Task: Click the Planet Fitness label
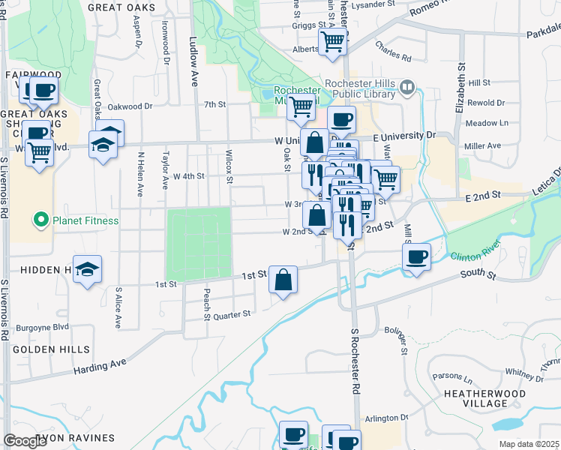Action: tap(85, 220)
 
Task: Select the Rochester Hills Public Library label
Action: tap(360, 88)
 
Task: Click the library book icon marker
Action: tap(407, 88)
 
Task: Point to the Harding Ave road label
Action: tap(100, 367)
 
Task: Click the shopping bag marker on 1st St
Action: tap(284, 280)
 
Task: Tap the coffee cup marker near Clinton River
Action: tap(416, 257)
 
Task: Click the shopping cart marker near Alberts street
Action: tap(332, 42)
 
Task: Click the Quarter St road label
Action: tap(232, 315)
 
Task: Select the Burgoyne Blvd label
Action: tap(44, 327)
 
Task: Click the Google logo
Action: tap(25, 441)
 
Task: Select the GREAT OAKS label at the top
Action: tap(121, 7)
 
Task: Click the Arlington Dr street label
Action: tap(386, 418)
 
